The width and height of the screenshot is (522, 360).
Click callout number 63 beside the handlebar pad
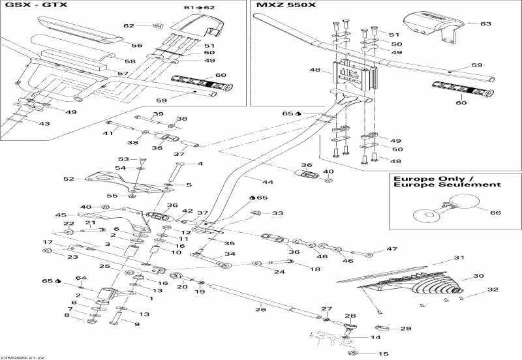(x=485, y=23)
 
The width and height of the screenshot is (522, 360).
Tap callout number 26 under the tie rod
(x=261, y=309)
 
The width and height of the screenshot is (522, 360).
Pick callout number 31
(x=458, y=258)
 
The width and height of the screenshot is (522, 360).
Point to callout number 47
(x=391, y=249)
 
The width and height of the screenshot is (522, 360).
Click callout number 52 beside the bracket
(x=69, y=179)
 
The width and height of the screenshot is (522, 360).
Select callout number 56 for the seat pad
(x=136, y=46)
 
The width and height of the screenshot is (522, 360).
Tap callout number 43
(x=44, y=124)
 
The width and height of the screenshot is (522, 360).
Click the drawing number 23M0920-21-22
(x=23, y=356)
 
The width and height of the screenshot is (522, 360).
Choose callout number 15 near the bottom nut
(x=383, y=353)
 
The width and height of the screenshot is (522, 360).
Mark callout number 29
(x=406, y=328)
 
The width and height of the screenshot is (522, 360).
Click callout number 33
(x=278, y=213)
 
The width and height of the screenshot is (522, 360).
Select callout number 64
(x=81, y=278)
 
